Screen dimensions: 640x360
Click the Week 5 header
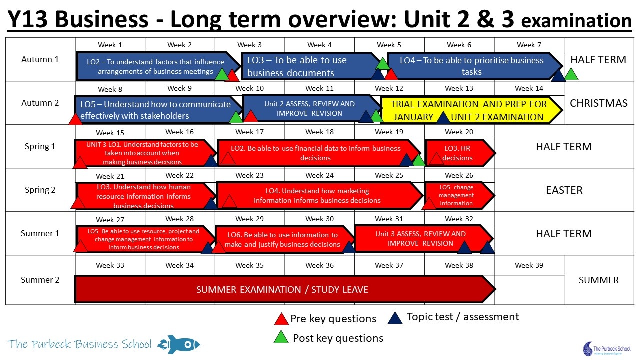[x=389, y=45]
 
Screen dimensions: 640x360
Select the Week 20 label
[x=459, y=132]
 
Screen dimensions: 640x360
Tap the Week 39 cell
[x=529, y=265]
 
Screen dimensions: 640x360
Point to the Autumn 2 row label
[x=40, y=103]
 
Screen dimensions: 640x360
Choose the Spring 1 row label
[x=40, y=146]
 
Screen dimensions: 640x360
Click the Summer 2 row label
[x=40, y=280]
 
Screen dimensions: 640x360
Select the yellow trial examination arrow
[x=472, y=110]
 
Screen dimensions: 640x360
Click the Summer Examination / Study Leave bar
[x=285, y=289]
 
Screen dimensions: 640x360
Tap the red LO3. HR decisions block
[x=460, y=153]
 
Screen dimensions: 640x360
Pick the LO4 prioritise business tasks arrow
[x=475, y=66]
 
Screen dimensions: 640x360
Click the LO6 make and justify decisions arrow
[x=285, y=239]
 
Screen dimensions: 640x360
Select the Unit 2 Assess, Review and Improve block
[x=312, y=109]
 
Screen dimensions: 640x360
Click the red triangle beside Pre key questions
[x=281, y=319]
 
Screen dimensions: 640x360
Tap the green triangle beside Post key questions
[x=281, y=337]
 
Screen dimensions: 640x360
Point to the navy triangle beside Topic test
[x=395, y=318]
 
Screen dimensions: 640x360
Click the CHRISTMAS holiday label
[x=599, y=103]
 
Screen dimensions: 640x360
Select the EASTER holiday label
[x=564, y=190]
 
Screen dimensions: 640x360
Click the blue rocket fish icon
[x=179, y=344]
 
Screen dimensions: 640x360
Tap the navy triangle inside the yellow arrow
[x=443, y=118]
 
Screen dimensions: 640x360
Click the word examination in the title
[x=576, y=21]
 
